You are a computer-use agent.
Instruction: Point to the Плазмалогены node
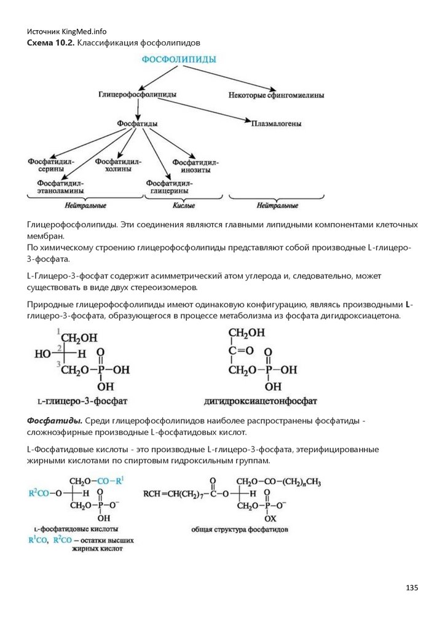tap(276, 123)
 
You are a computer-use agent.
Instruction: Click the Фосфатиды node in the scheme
tap(138, 123)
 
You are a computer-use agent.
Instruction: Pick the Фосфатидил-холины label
tap(118, 165)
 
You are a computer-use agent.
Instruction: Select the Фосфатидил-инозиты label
tap(196, 166)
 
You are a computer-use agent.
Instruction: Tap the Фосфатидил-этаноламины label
tap(60, 187)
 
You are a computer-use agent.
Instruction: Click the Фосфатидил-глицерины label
tap(169, 187)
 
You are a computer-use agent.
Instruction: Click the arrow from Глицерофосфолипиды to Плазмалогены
tap(203, 110)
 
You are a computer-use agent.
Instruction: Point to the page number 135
tap(412, 588)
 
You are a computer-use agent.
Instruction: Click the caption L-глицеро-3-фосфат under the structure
tap(82, 402)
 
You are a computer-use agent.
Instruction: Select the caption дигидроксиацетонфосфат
tap(261, 402)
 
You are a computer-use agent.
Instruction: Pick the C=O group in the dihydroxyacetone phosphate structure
tap(240, 351)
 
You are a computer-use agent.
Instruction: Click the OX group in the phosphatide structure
tap(270, 517)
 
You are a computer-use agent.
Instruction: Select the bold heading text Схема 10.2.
tap(51, 42)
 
